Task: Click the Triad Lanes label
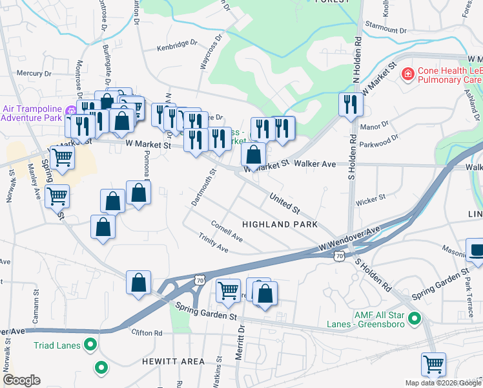pos(57,345)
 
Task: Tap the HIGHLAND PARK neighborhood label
pos(280,224)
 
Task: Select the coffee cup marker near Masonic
pos(476,252)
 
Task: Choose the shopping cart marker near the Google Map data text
pos(433,364)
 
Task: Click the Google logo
pos(21,380)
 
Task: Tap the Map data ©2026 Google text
pos(442,383)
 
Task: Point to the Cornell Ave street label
pos(227,232)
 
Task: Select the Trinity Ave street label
pos(214,244)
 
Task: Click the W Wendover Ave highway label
pos(349,239)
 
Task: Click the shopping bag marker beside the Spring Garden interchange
pos(138,283)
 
